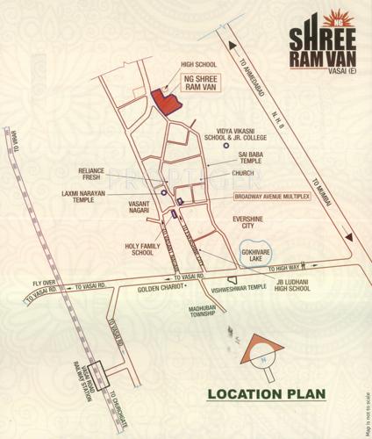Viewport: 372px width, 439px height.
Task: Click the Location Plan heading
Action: (266, 393)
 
